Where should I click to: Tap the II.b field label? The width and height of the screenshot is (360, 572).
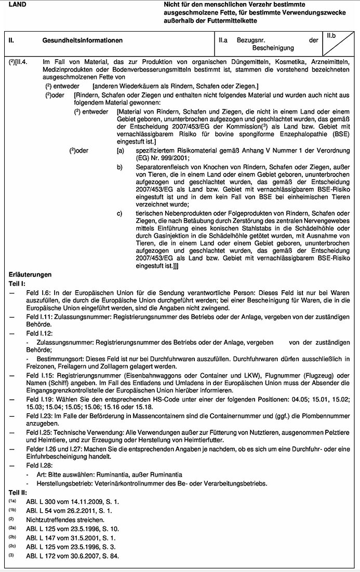click(332, 35)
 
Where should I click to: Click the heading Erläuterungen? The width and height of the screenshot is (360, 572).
click(31, 274)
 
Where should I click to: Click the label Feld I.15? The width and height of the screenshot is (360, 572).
click(40, 371)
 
